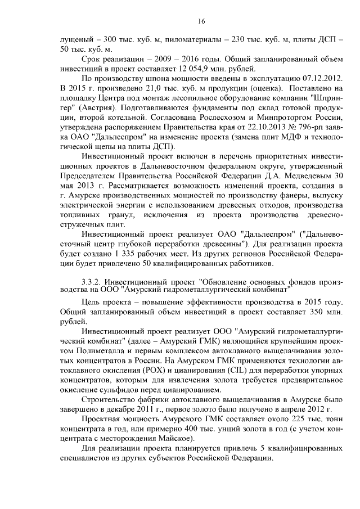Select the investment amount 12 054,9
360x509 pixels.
click(x=172, y=67)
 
